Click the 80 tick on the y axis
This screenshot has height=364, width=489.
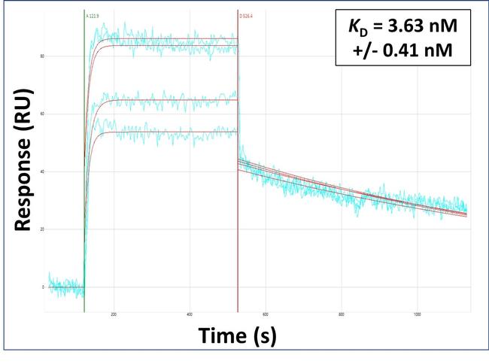[x=43, y=56]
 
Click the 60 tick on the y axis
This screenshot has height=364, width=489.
[x=43, y=114]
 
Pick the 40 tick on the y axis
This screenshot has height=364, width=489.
[x=43, y=171]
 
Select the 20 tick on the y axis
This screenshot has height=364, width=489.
[x=43, y=229]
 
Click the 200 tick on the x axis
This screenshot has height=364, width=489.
[x=114, y=315]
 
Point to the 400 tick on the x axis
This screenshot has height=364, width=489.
[x=190, y=315]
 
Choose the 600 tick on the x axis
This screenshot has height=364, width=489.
[x=266, y=315]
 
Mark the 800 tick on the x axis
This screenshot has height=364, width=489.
[x=342, y=315]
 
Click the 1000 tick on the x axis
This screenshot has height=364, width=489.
[x=418, y=315]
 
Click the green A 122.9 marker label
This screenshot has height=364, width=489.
[x=93, y=15]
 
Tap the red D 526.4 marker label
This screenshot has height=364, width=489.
[x=246, y=15]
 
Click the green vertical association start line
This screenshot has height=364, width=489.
[x=84, y=188]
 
